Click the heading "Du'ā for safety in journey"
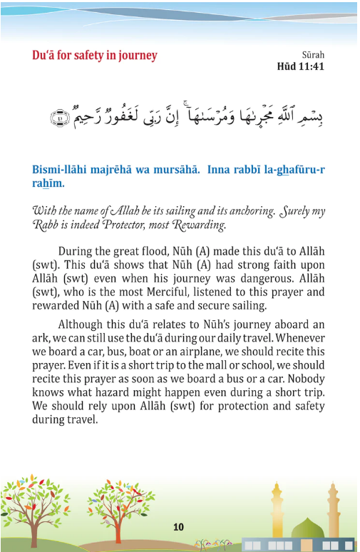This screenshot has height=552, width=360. [x=94, y=55]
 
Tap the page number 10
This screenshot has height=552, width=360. [x=178, y=527]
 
